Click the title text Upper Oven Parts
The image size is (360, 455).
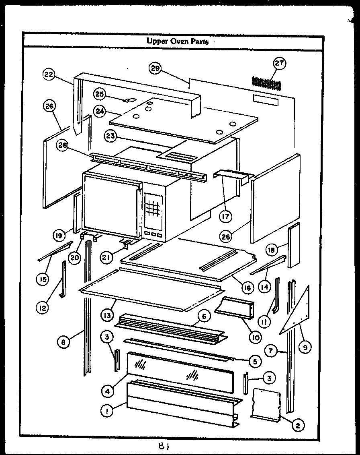tap(177, 41)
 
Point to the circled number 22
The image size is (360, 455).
tap(49, 74)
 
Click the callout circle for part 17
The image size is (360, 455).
tap(226, 216)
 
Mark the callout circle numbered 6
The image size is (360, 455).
tap(204, 317)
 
